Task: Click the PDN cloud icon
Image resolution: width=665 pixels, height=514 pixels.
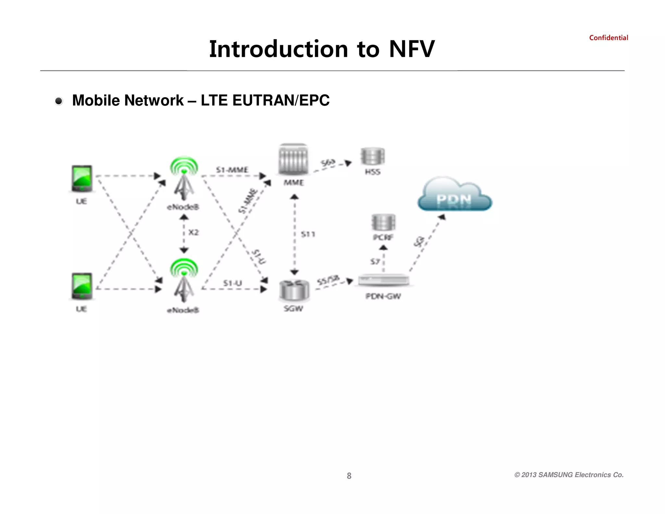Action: coord(455,195)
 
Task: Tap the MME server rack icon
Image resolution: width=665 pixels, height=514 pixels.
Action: coord(293,160)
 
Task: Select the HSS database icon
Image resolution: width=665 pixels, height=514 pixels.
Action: coord(372,156)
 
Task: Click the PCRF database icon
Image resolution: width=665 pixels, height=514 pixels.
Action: coord(383,223)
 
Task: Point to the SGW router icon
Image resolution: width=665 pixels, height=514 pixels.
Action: coord(294,290)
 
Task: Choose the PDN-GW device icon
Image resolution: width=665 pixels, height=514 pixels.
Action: coord(383,280)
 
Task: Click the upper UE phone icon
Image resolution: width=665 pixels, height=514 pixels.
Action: coord(82,179)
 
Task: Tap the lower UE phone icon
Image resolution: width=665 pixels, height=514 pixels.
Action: coord(82,286)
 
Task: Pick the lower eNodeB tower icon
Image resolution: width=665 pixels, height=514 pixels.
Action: coord(184,281)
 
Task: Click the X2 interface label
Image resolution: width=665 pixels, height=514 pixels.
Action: coord(194,232)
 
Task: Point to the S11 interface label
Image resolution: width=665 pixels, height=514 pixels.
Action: coord(308,234)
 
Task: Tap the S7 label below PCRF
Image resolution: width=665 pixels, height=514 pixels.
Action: coord(375,262)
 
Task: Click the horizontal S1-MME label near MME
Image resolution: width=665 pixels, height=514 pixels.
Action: coord(232,170)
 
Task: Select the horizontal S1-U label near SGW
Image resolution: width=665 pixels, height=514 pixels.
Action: coord(232,283)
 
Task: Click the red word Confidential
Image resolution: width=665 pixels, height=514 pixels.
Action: coord(609,38)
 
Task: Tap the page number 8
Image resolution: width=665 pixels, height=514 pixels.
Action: coord(349,476)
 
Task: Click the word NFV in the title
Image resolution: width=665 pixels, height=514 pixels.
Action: coord(412,49)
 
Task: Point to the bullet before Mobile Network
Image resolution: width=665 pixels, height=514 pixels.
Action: coord(59,101)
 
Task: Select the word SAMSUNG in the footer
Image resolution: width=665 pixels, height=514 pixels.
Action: coord(556,475)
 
